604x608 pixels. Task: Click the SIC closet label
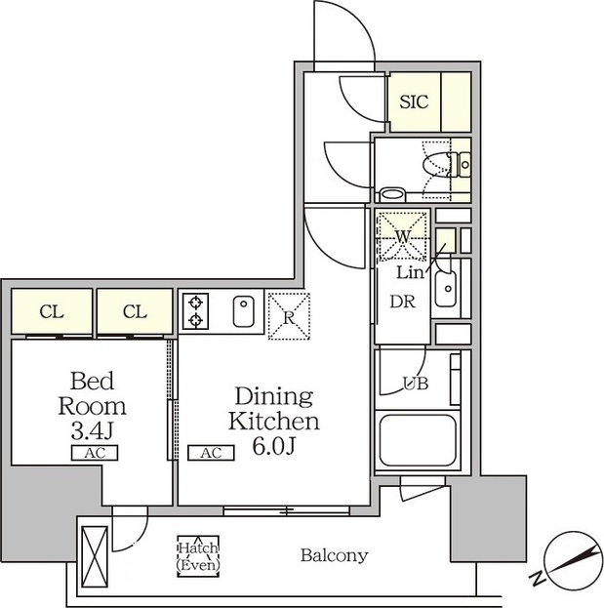414,101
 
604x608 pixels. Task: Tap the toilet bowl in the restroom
436,165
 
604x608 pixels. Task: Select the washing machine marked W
403,235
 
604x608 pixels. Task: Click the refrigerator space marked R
289,316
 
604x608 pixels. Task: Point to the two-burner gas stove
195,311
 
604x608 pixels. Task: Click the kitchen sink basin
244,311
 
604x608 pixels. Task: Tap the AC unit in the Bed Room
95,453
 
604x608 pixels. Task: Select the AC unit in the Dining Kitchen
211,453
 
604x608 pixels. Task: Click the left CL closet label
52,311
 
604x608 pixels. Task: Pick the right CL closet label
135,311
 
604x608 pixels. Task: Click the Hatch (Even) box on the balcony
198,556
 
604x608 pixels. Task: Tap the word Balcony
334,555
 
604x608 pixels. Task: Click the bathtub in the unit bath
417,441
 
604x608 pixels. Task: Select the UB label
416,384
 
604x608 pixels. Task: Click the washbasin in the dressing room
446,289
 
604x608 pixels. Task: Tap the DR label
402,302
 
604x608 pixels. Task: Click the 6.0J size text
274,446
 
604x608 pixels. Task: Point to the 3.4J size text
93,430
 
